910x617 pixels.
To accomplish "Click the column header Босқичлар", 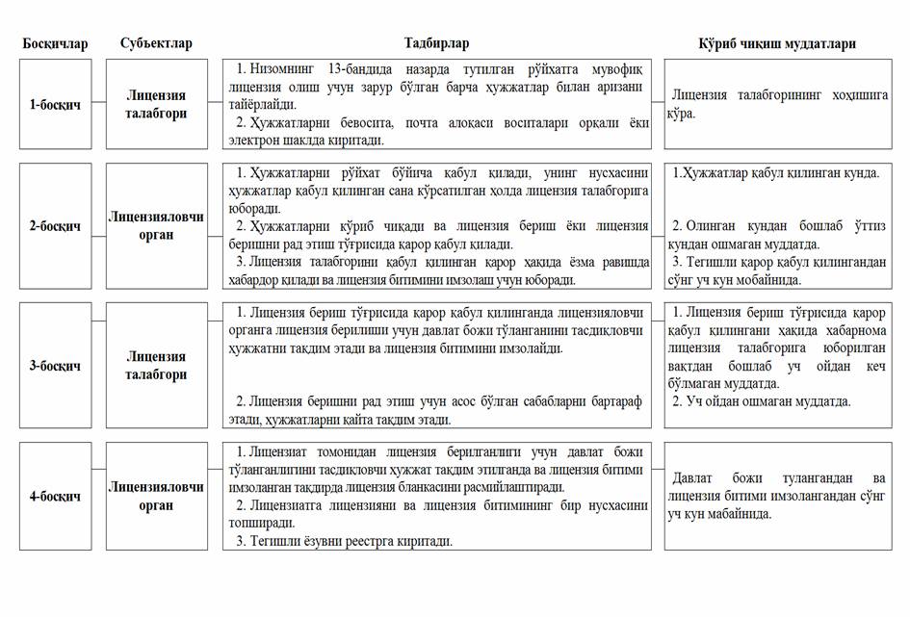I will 55,43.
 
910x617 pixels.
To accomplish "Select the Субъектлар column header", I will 156,43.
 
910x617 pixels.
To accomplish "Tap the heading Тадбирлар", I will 436,43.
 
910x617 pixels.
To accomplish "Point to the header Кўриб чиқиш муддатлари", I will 776,43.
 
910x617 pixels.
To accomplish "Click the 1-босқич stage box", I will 55,104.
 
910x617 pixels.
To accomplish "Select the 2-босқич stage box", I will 55,226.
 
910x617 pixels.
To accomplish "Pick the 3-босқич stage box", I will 55,366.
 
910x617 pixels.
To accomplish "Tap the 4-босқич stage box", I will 55,497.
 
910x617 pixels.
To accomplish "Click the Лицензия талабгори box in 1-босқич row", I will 156,104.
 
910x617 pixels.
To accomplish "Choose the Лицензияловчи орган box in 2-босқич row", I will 156,226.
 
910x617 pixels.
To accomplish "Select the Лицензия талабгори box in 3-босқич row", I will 156,366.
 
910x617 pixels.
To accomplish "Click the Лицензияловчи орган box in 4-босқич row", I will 156,497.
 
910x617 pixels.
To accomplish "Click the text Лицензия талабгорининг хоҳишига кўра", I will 779,104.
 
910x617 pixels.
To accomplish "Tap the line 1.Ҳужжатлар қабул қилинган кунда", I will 775,173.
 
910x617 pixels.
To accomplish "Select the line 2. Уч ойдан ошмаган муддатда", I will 761,401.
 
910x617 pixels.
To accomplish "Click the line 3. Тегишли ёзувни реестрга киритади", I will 344,541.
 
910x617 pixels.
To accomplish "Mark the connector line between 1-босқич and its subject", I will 98,104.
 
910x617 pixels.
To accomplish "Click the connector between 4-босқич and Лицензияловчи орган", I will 98,497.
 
